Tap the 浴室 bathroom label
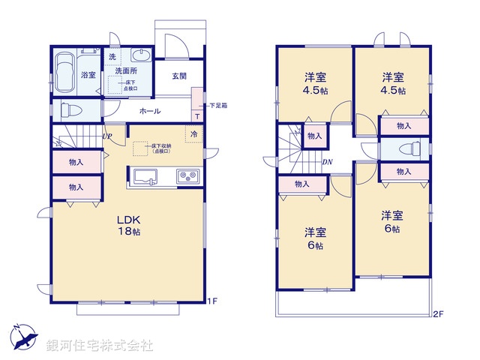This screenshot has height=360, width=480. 88,75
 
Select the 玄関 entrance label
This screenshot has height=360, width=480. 178,76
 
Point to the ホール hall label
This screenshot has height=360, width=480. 149,110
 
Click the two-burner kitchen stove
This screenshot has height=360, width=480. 187,177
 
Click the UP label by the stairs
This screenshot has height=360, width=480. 107,136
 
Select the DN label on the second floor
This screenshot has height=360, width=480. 327,162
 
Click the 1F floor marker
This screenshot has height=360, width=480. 212,301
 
